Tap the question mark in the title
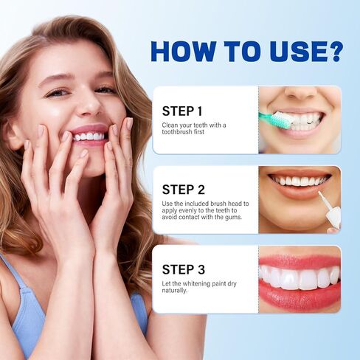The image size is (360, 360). (x=334, y=51)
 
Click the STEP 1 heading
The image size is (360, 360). (x=182, y=111)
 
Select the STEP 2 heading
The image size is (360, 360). (x=183, y=189)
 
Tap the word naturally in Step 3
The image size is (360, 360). (x=176, y=290)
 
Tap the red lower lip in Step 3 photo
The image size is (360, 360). (x=299, y=297)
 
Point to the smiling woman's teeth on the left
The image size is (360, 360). (x=88, y=136)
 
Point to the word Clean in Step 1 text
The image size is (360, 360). (x=170, y=125)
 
